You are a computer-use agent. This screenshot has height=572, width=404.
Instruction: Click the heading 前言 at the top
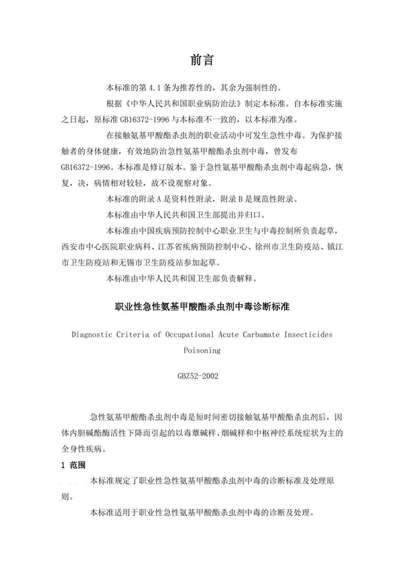click(x=201, y=60)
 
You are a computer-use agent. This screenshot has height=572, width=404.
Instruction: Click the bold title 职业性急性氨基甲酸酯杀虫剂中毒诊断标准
click(x=201, y=307)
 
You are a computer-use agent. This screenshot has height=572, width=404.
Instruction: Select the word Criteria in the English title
click(x=147, y=333)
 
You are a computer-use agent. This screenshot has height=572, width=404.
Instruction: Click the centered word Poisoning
click(x=201, y=350)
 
